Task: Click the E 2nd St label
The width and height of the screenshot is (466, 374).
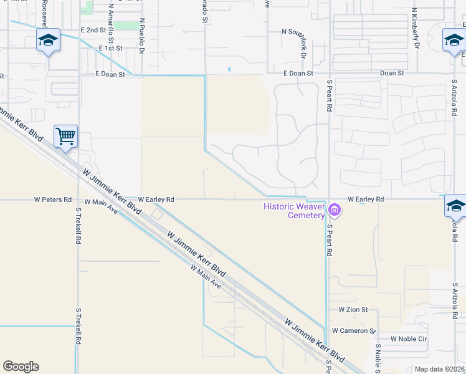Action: click(93, 30)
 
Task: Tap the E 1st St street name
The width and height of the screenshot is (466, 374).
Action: click(111, 48)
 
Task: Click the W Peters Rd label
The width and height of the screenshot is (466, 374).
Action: click(53, 199)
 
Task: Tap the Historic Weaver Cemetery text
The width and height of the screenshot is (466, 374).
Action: click(293, 211)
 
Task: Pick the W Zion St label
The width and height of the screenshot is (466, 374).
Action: click(353, 309)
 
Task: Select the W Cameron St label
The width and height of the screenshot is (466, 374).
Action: click(353, 330)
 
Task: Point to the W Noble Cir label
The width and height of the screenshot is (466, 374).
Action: click(409, 338)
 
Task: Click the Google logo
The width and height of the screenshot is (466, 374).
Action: click(21, 367)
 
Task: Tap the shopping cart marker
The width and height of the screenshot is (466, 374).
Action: click(65, 135)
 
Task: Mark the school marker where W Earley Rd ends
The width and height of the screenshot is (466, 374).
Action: click(456, 206)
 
